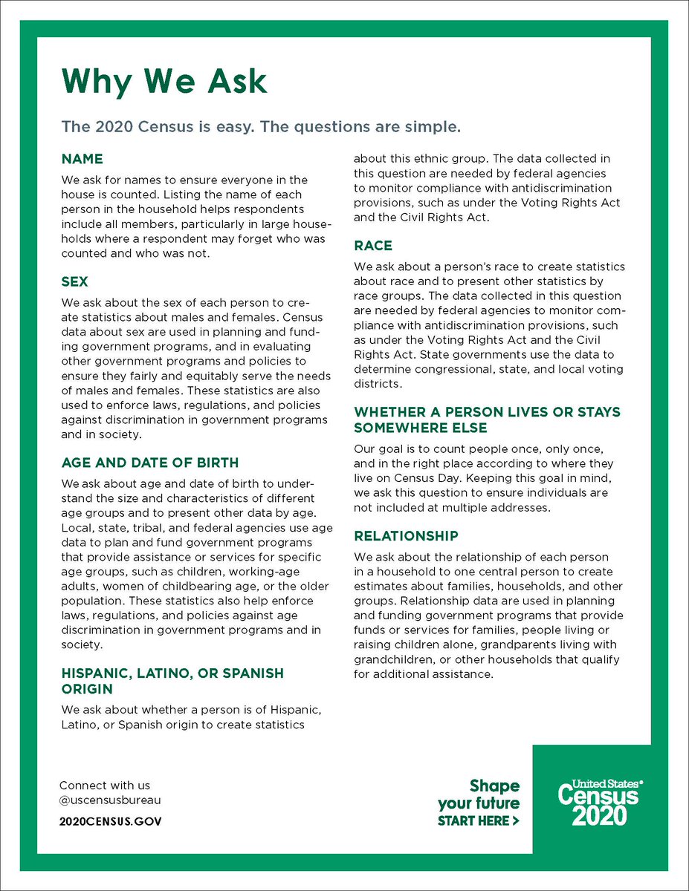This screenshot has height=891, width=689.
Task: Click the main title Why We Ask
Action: click(164, 81)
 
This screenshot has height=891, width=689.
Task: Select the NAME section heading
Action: click(82, 159)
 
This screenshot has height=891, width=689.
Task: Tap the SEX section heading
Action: click(74, 282)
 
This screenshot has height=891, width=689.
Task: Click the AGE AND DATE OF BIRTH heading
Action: click(149, 463)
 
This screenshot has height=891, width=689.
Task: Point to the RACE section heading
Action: click(373, 246)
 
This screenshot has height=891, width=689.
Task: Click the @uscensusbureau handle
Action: click(110, 800)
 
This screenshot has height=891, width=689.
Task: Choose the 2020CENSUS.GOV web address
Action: click(110, 821)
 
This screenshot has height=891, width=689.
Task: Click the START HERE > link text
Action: click(478, 821)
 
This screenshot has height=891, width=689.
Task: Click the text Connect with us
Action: click(104, 786)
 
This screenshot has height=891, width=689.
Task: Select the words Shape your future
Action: click(479, 794)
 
